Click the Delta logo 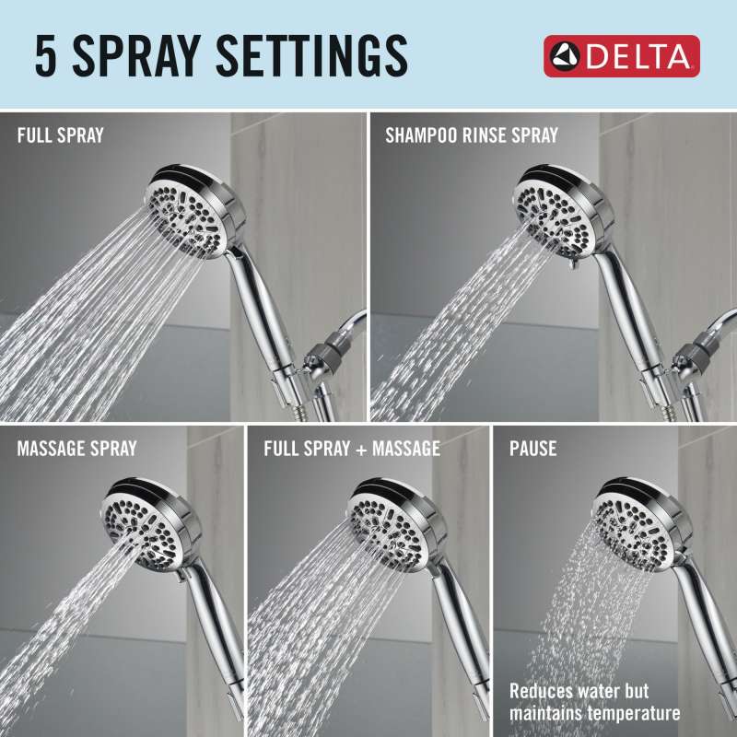[621, 56]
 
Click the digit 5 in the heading [45, 56]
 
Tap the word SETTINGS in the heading [311, 56]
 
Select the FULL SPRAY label [60, 135]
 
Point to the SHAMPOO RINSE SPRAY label [472, 135]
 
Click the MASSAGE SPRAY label [76, 449]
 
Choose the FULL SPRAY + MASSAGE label [352, 449]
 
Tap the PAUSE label [533, 449]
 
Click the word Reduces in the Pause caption [541, 691]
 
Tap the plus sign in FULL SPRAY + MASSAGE [361, 450]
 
